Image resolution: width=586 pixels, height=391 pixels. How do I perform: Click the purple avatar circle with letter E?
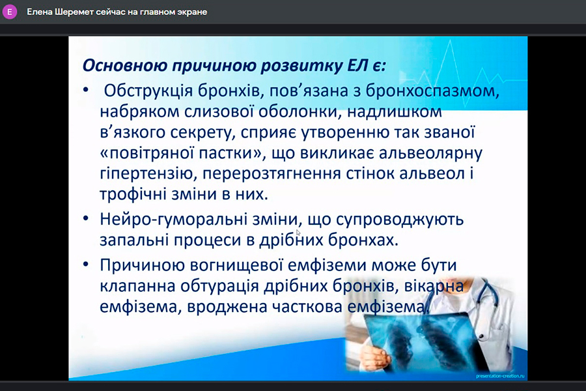coord(10,12)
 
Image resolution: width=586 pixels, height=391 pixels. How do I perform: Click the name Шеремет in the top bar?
coord(74,12)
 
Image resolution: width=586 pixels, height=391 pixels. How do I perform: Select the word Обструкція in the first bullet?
coord(148,91)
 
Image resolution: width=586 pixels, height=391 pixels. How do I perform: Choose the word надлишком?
coord(395,111)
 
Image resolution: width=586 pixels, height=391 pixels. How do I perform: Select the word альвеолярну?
coord(430,154)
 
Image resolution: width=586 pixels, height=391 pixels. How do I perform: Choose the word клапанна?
coord(137,286)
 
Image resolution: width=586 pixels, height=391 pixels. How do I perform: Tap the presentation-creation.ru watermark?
coord(500,375)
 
